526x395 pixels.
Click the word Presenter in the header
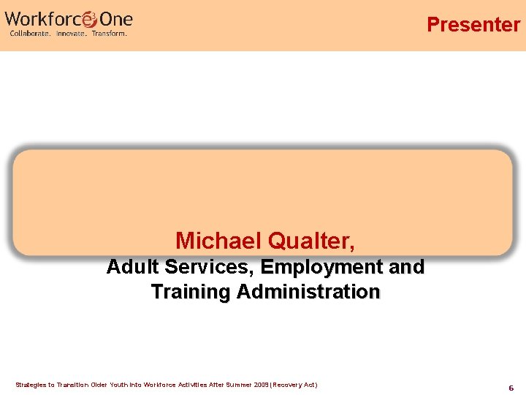[473, 24]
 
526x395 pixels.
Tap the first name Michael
[218, 240]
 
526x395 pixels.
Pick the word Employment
[322, 267]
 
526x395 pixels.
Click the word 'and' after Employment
[408, 267]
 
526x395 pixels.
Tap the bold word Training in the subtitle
[190, 292]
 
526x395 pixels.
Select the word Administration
[308, 292]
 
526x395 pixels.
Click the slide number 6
[511, 388]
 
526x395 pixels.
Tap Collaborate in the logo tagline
[30, 34]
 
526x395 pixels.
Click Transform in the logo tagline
[110, 34]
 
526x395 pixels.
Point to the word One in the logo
[116, 18]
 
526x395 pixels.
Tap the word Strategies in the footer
[31, 385]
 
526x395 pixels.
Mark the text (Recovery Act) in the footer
[293, 385]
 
